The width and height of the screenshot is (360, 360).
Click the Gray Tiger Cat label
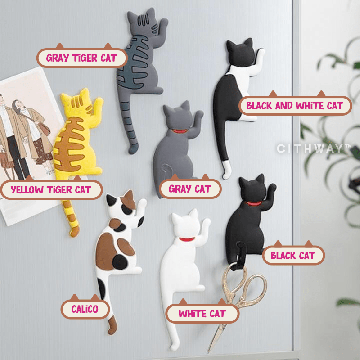pos(81,58)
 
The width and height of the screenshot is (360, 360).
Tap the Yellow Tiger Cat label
pos(51,189)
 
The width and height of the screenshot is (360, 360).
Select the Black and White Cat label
pos(294,106)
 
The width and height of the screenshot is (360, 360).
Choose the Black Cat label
pos(293,256)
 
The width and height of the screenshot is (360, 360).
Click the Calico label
pos(85,309)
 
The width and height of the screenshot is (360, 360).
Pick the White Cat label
pos(202,313)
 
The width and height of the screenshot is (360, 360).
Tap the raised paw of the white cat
pos(206,224)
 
